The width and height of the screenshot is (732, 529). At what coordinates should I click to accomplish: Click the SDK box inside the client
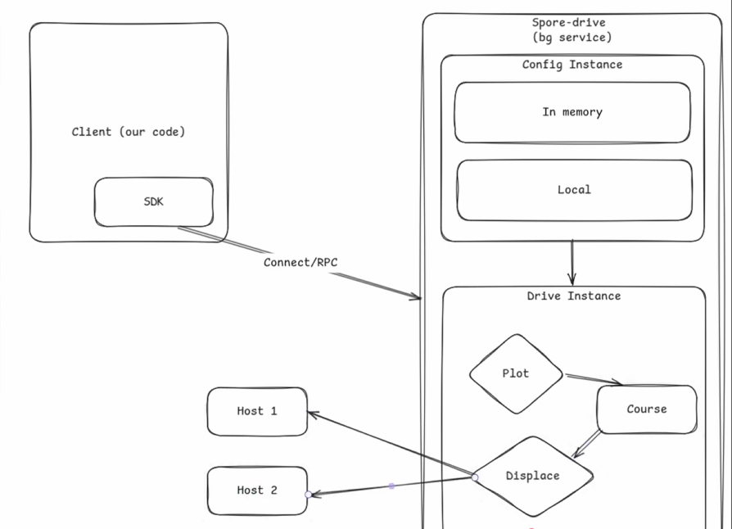153,201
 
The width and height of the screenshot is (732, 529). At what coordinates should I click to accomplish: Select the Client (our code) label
129,132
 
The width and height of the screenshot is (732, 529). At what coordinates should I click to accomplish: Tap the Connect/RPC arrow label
300,263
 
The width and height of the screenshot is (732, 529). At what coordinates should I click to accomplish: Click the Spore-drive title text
568,23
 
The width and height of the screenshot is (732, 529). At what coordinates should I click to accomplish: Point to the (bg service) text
572,38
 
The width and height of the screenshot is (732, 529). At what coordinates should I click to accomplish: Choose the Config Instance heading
572,65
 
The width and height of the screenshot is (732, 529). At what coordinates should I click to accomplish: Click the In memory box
572,112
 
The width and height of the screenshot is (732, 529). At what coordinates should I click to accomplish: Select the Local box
573,190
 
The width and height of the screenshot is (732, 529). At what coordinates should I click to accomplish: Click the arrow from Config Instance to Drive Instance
572,263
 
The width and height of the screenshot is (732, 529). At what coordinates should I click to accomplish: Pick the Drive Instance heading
573,296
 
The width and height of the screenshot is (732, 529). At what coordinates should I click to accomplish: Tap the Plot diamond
516,373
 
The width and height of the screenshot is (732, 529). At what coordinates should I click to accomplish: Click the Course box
647,409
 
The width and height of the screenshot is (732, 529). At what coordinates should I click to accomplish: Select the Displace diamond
532,476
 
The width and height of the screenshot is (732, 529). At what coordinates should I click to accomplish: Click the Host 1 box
257,411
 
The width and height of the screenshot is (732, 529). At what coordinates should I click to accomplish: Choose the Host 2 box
257,491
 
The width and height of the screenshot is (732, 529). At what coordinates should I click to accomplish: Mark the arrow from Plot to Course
593,379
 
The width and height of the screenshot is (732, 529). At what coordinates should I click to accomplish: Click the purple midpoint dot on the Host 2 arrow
391,486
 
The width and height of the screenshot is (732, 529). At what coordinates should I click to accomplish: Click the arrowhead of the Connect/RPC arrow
416,297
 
